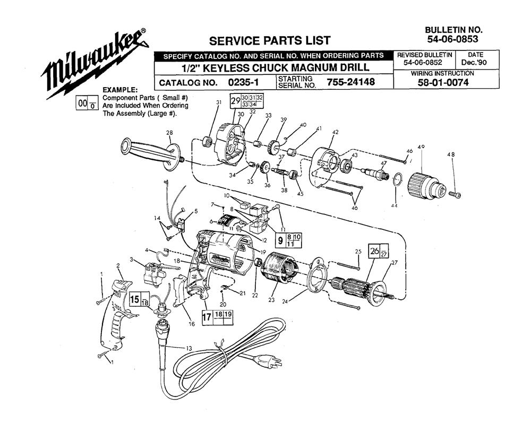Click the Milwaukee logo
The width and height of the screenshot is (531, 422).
click(95, 63)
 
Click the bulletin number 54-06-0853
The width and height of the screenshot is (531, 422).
click(452, 39)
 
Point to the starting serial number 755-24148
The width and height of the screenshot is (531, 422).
click(350, 82)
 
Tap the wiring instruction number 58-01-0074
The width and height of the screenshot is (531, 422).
click(443, 82)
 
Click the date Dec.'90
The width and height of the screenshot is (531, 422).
click(475, 63)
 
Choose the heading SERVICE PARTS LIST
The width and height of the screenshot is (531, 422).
click(270, 41)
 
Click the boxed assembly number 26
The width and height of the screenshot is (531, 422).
click(374, 251)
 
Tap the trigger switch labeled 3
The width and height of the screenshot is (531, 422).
click(154, 273)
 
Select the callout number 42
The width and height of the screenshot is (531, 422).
click(335, 132)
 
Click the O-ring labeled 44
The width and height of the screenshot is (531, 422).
click(398, 179)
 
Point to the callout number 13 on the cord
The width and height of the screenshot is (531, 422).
click(189, 348)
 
